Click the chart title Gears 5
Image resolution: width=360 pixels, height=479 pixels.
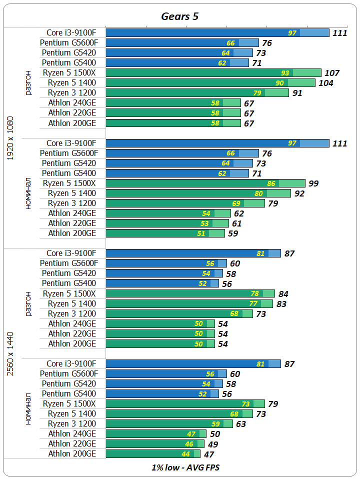coord(179,16)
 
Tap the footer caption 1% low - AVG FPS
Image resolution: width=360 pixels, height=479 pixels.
coord(185,468)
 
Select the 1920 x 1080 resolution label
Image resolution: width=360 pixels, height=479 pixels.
coord(10,138)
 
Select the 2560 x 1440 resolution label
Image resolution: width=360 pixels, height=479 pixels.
coord(10,353)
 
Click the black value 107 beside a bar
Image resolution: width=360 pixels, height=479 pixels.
coord(332,73)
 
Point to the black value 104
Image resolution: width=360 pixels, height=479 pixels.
coord(326,83)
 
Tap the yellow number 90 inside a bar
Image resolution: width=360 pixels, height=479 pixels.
coord(279,83)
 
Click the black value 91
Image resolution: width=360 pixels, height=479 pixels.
coord(297,93)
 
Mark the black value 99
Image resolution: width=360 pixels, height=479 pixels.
coord(313,183)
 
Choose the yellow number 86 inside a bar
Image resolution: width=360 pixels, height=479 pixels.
coord(271,183)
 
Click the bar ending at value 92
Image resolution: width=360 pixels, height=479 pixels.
coord(198,193)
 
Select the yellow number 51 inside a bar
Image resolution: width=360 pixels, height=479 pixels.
coord(201,233)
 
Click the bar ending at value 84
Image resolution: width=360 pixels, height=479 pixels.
coord(190,293)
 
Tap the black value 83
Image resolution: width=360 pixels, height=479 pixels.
coord(281,304)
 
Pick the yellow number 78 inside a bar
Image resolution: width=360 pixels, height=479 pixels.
coord(255,293)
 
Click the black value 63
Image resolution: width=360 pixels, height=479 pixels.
coord(241,424)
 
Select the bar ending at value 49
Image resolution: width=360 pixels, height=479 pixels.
coord(155,444)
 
